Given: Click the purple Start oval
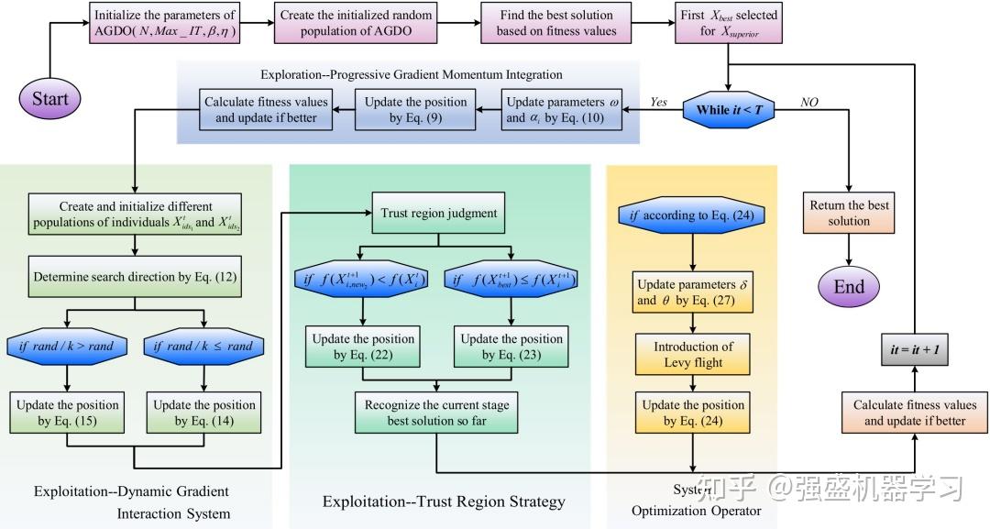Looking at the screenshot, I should pyautogui.click(x=50, y=98).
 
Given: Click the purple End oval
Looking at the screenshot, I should pyautogui.click(x=849, y=286).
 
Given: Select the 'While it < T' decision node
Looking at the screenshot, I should pyautogui.click(x=728, y=110).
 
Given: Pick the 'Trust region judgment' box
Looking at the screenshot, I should pyautogui.click(x=438, y=214).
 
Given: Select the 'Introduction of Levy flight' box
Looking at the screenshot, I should pyautogui.click(x=694, y=354).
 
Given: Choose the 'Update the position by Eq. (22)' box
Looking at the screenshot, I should pyautogui.click(x=364, y=347).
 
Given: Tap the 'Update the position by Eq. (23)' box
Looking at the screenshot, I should pyautogui.click(x=511, y=347).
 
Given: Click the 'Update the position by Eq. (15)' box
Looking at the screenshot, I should pyautogui.click(x=65, y=413).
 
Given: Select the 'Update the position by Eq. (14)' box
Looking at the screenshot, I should pyautogui.click(x=204, y=413).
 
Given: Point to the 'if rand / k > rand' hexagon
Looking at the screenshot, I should pyautogui.click(x=65, y=347).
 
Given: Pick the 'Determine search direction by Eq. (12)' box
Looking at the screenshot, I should pyautogui.click(x=135, y=277).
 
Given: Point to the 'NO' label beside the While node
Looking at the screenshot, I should pyautogui.click(x=808, y=102).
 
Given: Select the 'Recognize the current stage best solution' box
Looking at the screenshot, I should pyautogui.click(x=436, y=413).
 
